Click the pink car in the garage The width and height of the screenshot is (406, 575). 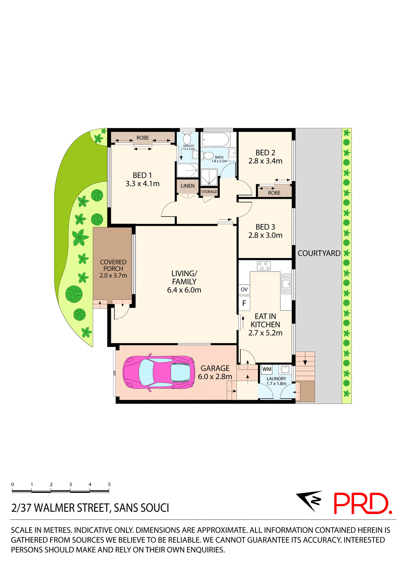(x=158, y=372)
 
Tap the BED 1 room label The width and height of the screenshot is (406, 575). (x=142, y=175)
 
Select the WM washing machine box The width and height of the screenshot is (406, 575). (x=267, y=369)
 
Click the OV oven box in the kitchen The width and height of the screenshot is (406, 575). (x=244, y=289)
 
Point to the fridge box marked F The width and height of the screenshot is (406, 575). (x=244, y=303)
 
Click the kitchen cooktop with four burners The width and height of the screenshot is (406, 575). (x=264, y=266)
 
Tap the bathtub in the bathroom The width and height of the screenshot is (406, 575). (x=215, y=140)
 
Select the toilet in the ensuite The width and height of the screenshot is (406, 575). (x=187, y=139)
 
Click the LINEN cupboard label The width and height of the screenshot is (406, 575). (x=187, y=186)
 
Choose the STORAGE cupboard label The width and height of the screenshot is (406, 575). (x=209, y=192)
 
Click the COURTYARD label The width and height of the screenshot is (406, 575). (x=319, y=253)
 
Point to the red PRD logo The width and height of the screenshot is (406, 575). (x=362, y=504)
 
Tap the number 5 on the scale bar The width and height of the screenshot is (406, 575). (x=109, y=485)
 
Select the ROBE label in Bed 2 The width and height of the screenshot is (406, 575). (x=274, y=193)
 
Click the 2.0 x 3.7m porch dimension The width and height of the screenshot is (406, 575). (x=113, y=276)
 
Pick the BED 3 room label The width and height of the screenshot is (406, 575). (x=265, y=227)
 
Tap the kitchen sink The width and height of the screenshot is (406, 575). (x=286, y=284)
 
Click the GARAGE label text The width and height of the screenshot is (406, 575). (x=215, y=368)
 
